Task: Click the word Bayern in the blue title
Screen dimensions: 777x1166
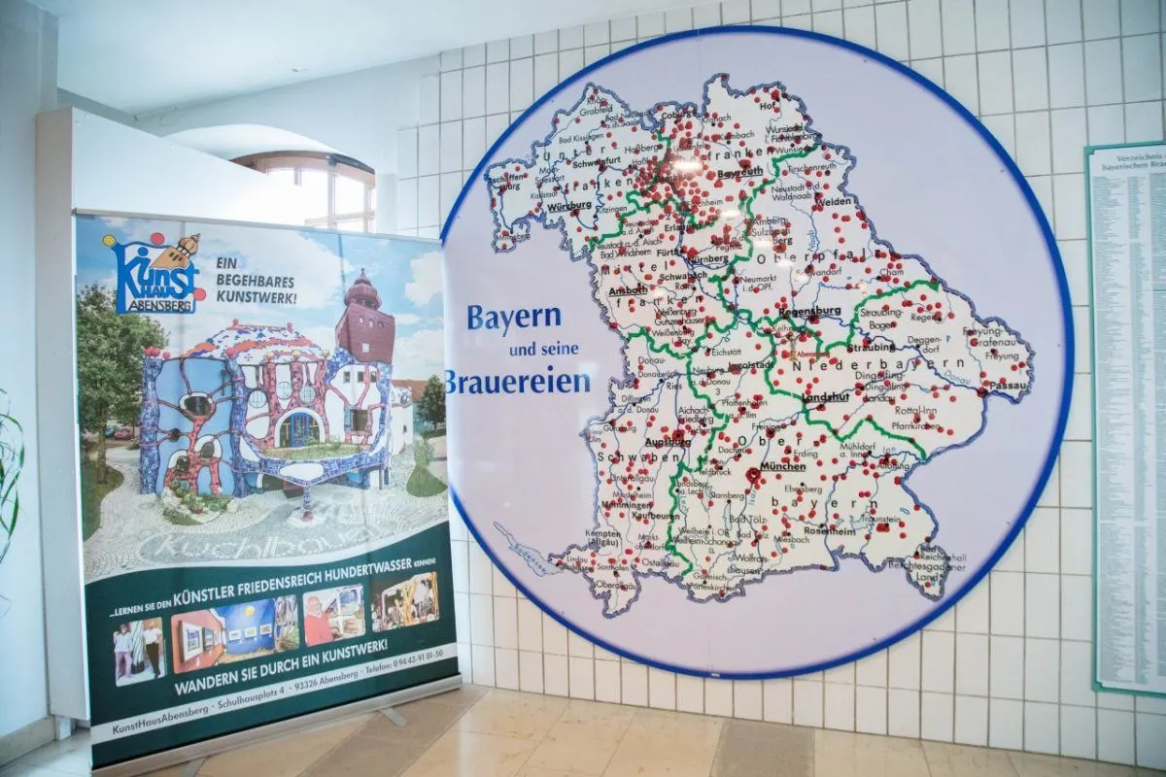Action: (x=514, y=318)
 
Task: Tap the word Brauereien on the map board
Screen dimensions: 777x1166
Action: (x=518, y=381)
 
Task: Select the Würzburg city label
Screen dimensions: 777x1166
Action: (x=569, y=207)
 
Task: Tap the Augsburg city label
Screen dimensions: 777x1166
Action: (x=668, y=441)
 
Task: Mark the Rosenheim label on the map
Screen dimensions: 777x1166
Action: (x=828, y=531)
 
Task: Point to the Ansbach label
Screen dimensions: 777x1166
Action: (x=628, y=289)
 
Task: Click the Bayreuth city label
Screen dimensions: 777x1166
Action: (x=739, y=174)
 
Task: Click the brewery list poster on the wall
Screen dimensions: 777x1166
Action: (x=1127, y=418)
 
